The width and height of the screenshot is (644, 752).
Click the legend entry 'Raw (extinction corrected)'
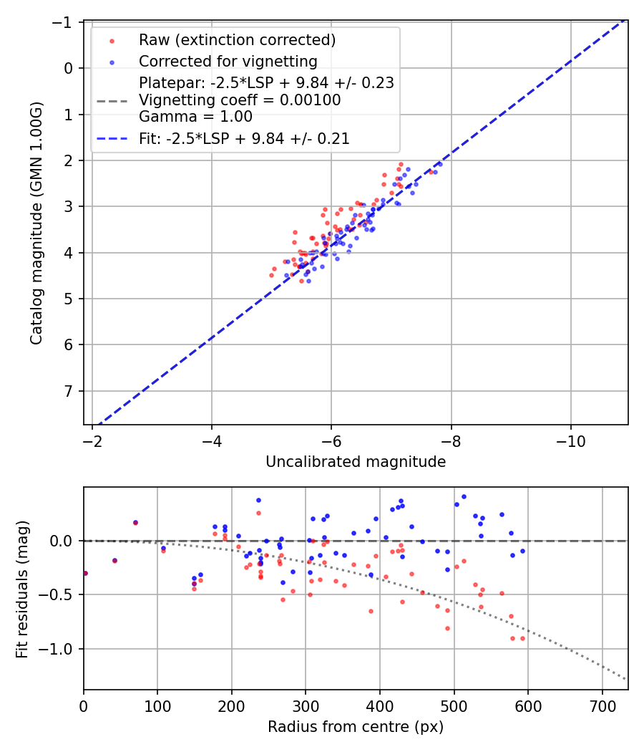[x=237, y=39]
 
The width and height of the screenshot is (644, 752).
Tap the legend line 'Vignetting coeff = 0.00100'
[x=240, y=100]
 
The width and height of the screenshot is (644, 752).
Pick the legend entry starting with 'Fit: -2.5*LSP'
[x=244, y=139]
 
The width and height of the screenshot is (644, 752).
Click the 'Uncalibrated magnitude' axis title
[x=356, y=462]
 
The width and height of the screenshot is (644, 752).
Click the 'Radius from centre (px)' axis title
[x=356, y=727]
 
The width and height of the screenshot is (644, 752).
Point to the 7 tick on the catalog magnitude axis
[x=69, y=391]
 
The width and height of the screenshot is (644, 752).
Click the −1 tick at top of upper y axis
[x=64, y=22]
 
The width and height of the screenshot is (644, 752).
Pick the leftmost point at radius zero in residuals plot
[x=84, y=573]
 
